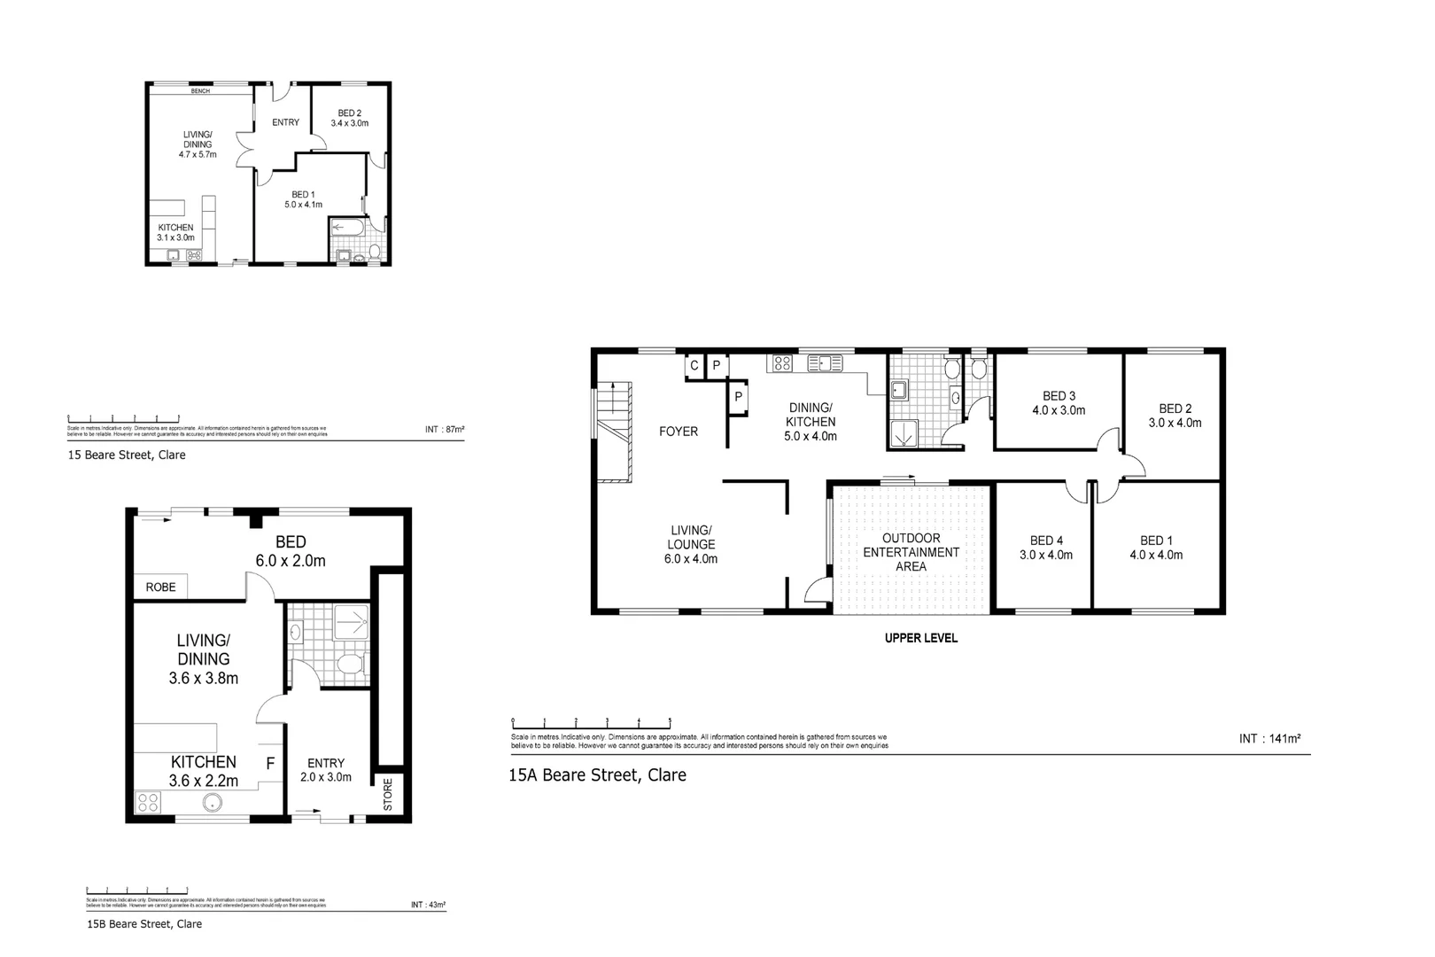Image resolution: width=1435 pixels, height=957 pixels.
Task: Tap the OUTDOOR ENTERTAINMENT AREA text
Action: [x=911, y=552]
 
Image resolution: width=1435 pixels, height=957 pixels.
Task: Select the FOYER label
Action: [x=679, y=432]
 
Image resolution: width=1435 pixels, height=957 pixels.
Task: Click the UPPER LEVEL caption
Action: [x=920, y=638]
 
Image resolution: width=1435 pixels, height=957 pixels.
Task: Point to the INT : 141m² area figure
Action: [x=1269, y=738]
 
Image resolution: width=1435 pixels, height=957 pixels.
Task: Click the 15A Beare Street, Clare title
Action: [x=597, y=774]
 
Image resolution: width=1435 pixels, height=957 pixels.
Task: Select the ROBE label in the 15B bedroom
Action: [x=161, y=587]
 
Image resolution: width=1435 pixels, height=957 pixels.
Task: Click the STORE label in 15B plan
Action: [x=387, y=795]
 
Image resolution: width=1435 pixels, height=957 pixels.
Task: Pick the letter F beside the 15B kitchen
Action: [x=271, y=762]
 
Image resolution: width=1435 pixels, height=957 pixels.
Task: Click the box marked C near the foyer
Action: [x=694, y=365]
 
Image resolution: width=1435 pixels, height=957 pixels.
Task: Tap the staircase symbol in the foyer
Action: [x=612, y=432]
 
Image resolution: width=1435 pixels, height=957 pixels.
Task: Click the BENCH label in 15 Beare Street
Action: [x=200, y=91]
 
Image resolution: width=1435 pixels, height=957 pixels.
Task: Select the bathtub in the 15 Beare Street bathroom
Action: [x=346, y=228]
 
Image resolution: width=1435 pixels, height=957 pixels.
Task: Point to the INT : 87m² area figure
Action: [x=445, y=430]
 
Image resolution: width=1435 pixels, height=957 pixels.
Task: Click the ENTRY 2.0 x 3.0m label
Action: [x=326, y=770]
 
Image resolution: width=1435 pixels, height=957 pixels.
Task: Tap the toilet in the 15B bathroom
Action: [x=351, y=665]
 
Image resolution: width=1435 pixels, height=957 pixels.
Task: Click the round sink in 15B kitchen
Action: [x=212, y=804]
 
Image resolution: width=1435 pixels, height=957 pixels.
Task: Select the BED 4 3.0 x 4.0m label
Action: [x=1046, y=548]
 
